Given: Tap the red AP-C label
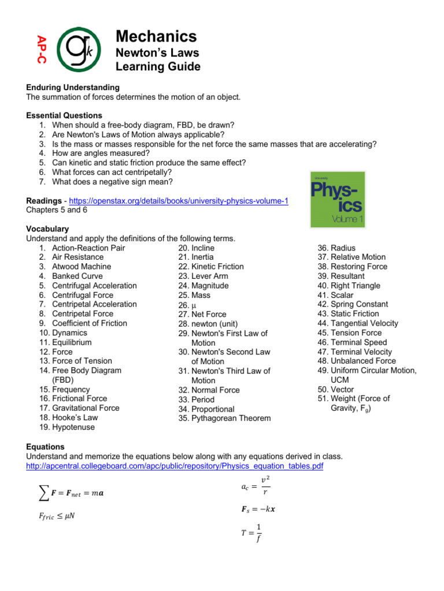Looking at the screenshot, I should click(x=42, y=50).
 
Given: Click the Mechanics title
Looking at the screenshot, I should click(x=156, y=36).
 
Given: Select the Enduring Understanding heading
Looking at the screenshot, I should click(x=73, y=87).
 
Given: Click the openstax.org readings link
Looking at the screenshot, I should click(x=179, y=201).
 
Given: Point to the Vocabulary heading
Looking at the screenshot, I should click(x=47, y=229).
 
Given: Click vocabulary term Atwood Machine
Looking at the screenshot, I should click(x=82, y=267).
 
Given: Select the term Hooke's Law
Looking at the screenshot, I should click(x=75, y=417).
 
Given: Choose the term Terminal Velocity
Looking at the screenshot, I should click(x=361, y=351).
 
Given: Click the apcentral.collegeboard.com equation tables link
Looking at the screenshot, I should click(x=175, y=466).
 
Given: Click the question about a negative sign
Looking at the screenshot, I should click(x=112, y=182).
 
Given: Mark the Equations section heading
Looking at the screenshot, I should click(x=46, y=447).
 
